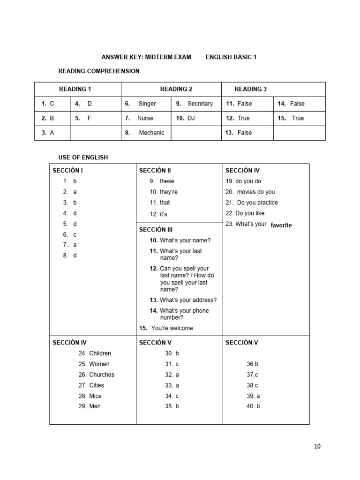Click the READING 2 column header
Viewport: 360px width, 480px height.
[176, 89]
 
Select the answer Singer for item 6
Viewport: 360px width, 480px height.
[147, 104]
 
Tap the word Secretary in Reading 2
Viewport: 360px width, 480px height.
[200, 104]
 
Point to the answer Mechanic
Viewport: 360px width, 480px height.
[151, 133]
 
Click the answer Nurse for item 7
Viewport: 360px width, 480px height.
[145, 118]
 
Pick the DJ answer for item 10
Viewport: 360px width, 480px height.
[191, 118]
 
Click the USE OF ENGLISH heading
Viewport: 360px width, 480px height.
[83, 157]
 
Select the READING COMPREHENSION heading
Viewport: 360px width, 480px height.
[99, 71]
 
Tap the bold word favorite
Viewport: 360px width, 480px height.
[281, 225]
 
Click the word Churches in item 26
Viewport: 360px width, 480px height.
[102, 375]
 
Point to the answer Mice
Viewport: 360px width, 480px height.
[95, 396]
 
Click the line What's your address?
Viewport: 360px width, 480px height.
[188, 300]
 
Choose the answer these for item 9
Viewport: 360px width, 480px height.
[167, 181]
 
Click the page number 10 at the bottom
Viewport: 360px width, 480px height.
[317, 446]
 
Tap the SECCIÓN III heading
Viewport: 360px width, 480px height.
[156, 230]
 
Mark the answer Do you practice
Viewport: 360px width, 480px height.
[257, 202]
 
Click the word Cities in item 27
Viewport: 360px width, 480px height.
[97, 385]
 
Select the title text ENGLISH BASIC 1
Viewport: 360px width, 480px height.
[231, 57]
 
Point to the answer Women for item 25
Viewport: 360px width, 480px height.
[99, 364]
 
